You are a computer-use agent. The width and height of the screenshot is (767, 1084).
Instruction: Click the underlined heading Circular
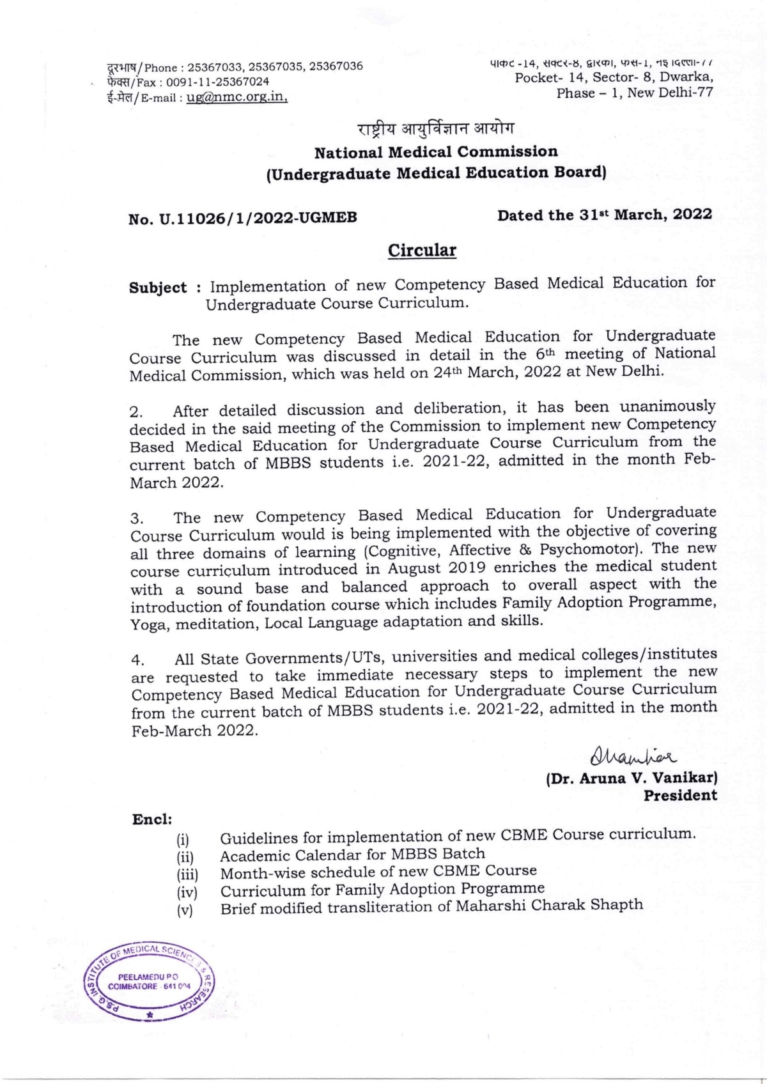(x=422, y=250)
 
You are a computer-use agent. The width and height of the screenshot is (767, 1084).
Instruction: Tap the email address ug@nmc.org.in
(x=236, y=98)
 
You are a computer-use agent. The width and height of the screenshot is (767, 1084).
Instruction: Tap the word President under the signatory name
(x=680, y=796)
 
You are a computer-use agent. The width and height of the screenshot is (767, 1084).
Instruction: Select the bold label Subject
(x=158, y=288)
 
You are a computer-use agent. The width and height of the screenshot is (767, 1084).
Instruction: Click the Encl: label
(x=152, y=819)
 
